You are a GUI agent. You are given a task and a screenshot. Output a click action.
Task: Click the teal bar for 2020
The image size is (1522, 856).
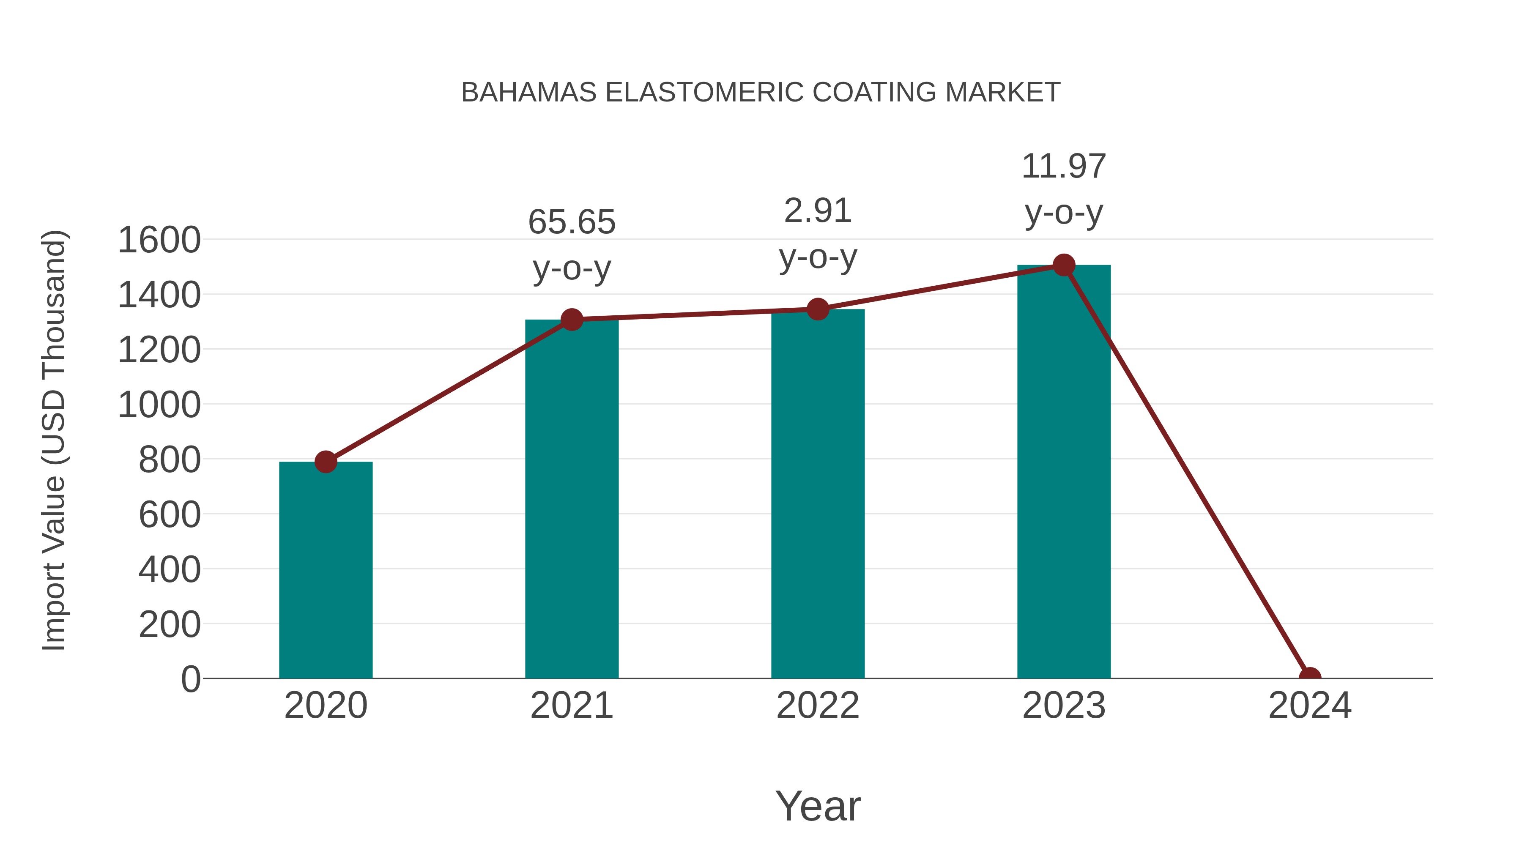[x=326, y=570]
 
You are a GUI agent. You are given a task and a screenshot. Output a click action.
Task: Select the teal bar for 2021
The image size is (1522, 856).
[x=571, y=499]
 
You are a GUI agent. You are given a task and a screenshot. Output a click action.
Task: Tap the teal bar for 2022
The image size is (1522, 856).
[x=817, y=494]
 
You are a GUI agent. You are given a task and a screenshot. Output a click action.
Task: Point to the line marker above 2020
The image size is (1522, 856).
[x=326, y=461]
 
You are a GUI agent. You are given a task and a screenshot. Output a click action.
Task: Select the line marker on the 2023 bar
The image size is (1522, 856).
[x=1064, y=265]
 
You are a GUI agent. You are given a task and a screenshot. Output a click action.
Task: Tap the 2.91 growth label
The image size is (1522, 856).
[x=817, y=211]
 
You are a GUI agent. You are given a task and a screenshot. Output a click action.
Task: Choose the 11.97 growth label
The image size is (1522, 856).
[x=1064, y=167]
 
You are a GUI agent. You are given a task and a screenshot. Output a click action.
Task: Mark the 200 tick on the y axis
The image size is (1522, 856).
[x=170, y=624]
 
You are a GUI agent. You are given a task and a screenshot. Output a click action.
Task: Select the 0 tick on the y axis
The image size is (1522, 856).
[x=191, y=679]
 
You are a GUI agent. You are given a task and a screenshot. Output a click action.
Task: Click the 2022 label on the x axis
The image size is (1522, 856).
[x=817, y=706]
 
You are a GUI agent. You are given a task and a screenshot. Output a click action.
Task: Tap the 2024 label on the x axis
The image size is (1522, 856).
[x=1309, y=706]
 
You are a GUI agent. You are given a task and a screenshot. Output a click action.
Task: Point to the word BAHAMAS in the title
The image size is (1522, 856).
[x=529, y=93]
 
